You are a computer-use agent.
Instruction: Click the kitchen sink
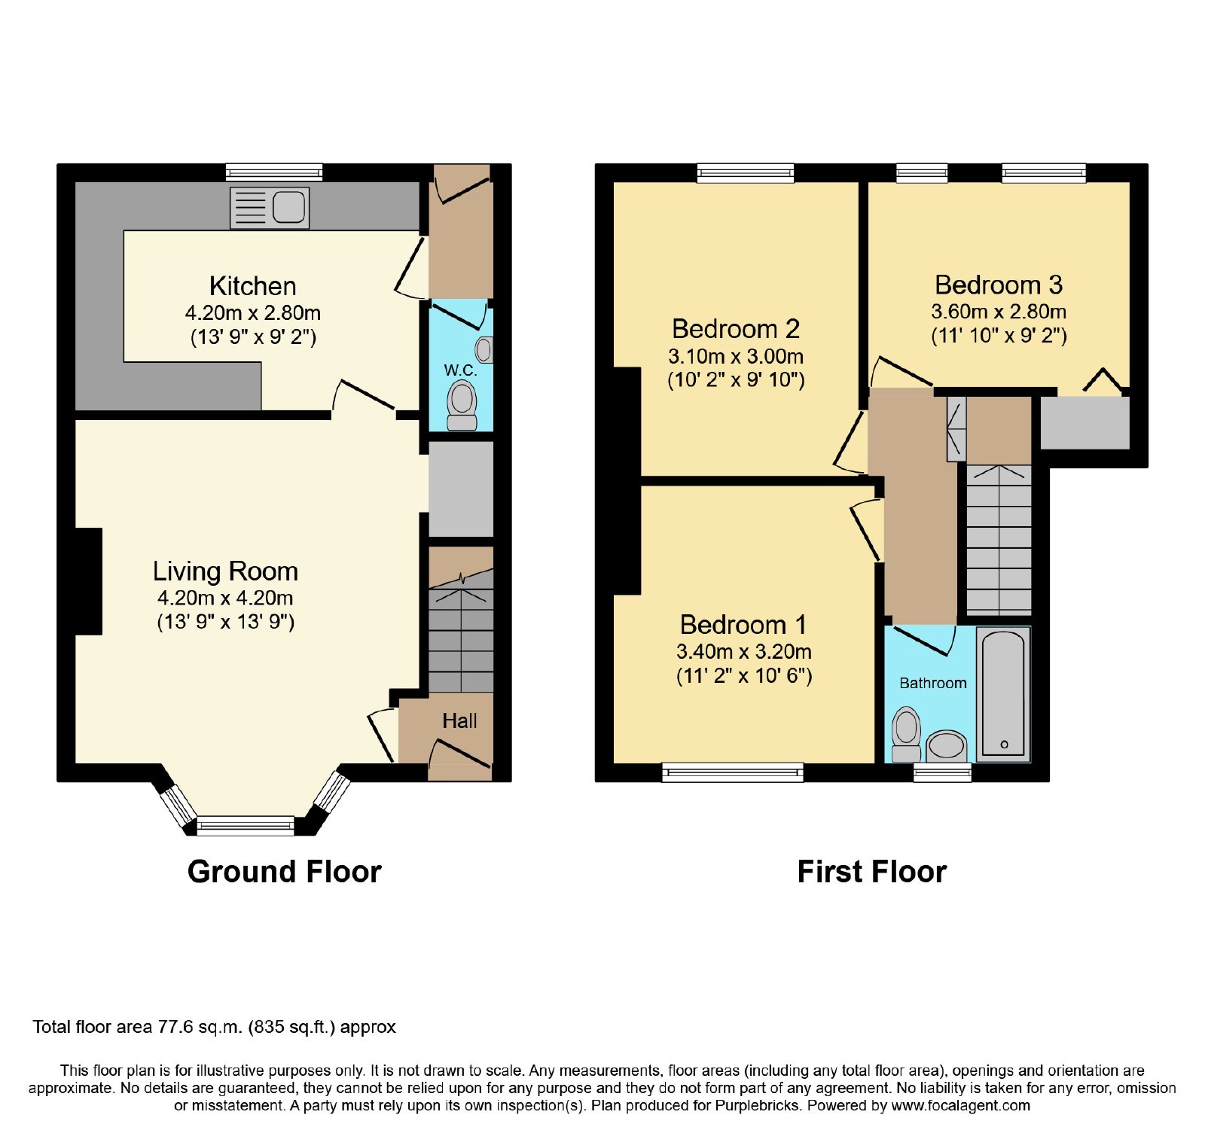(270, 207)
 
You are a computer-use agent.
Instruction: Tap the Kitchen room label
(253, 286)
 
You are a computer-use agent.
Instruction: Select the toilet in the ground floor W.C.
(462, 405)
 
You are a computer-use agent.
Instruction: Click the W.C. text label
(460, 370)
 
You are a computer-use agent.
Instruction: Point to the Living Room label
(225, 571)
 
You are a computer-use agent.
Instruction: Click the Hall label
(459, 721)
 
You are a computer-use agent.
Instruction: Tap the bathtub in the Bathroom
(1003, 693)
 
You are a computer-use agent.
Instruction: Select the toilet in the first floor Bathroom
(906, 734)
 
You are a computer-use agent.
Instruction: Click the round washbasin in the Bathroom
(946, 746)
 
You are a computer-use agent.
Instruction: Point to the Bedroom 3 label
(999, 285)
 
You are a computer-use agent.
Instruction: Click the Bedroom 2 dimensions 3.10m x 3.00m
(736, 356)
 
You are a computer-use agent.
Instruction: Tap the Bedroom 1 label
(743, 625)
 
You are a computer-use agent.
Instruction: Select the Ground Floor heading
(285, 872)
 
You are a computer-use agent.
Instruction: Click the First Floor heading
(872, 872)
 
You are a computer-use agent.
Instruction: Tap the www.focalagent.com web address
(960, 1106)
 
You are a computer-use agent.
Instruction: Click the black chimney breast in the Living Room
(88, 581)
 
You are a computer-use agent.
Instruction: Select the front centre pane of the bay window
(246, 826)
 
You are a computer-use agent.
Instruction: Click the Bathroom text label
(933, 683)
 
